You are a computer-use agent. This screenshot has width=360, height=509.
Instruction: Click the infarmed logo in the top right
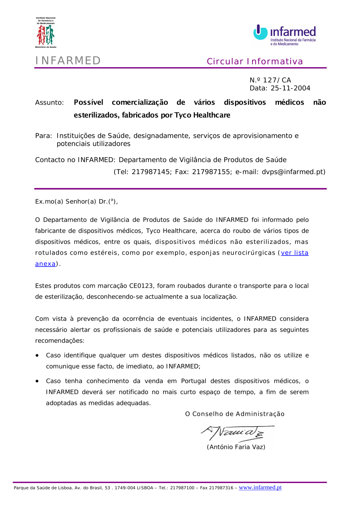tap(285, 35)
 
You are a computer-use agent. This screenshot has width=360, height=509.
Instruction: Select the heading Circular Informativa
tap(255, 62)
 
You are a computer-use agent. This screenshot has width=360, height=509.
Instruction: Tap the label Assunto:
tap(49, 103)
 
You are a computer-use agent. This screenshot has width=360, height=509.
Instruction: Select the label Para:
tap(44, 136)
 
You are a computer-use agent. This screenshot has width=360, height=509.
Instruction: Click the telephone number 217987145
tap(151, 172)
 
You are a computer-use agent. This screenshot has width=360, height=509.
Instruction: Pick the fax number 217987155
tap(211, 172)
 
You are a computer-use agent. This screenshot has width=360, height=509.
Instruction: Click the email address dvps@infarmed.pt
tap(292, 172)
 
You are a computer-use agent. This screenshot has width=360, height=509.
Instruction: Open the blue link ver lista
tap(294, 253)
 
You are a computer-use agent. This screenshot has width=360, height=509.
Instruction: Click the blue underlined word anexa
tap(45, 264)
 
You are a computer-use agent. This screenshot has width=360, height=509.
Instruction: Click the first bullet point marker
tap(37, 355)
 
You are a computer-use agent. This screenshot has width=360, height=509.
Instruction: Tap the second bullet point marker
tap(37, 381)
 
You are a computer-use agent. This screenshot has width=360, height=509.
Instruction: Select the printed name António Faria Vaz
tap(236, 447)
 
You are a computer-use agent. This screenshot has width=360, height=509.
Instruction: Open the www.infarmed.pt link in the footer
tap(260, 487)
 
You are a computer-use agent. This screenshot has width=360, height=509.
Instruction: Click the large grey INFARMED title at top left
tap(68, 60)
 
